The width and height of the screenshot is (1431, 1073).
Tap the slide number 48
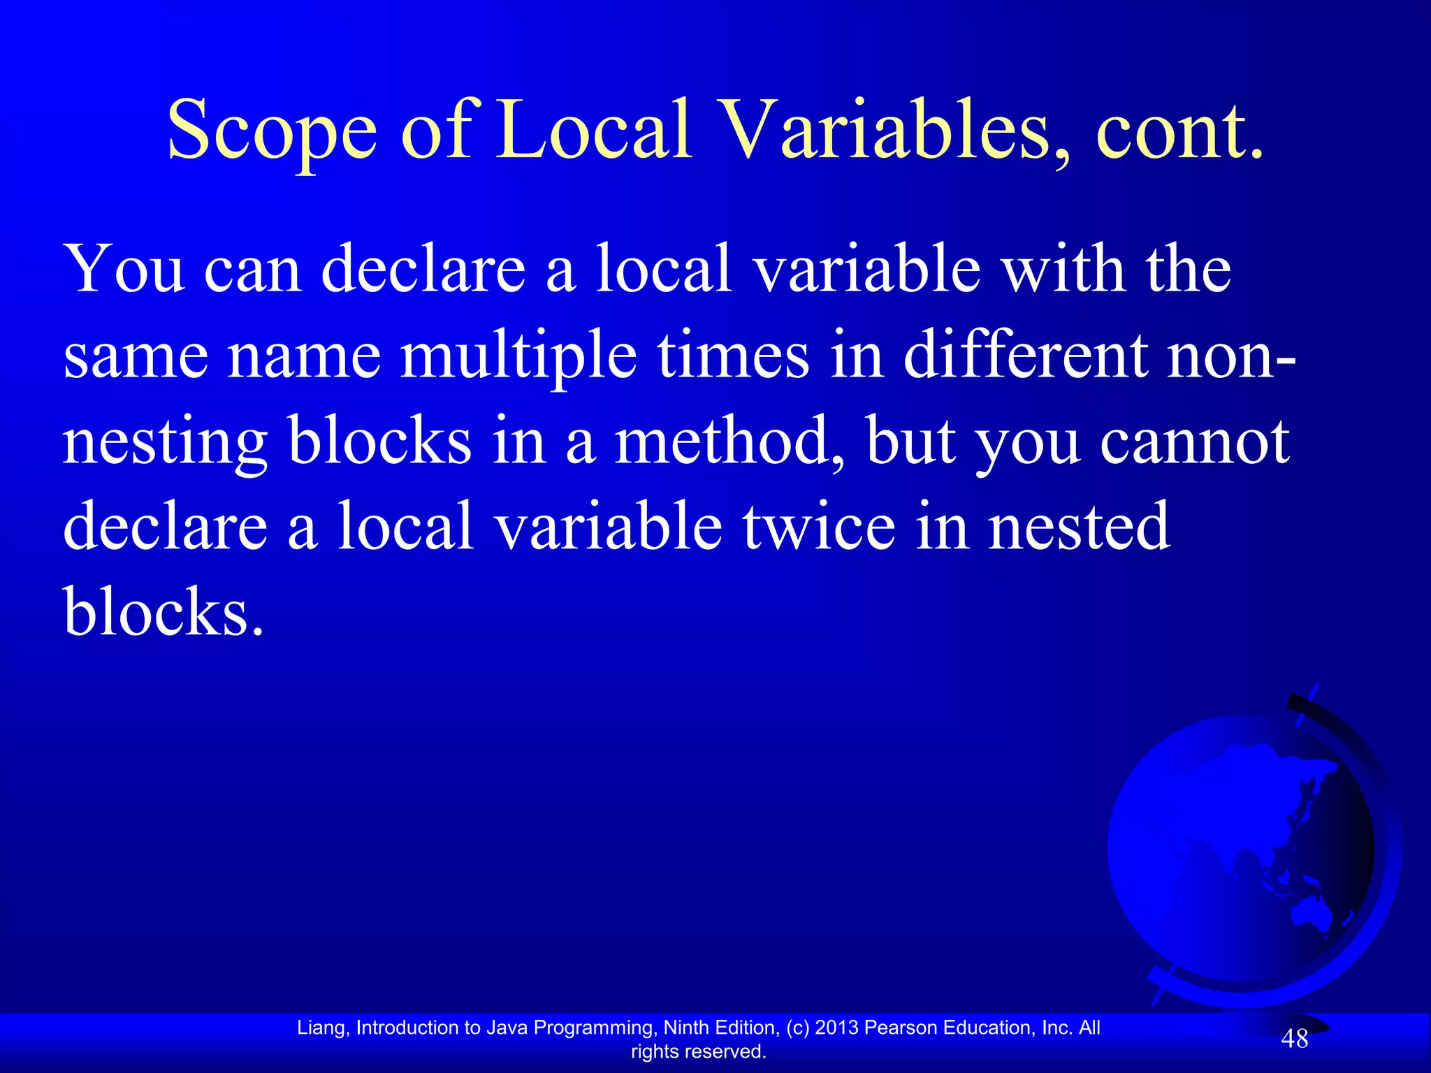(x=1294, y=1039)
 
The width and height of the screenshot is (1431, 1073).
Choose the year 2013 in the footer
(x=837, y=1028)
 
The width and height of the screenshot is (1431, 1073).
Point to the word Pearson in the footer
(x=901, y=1028)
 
